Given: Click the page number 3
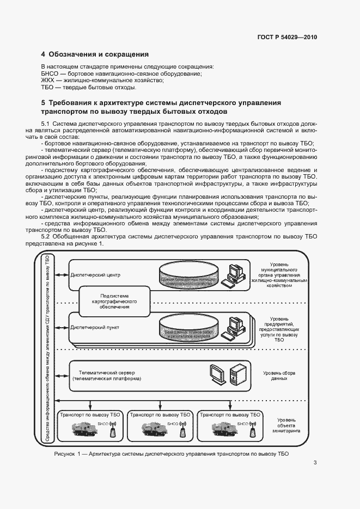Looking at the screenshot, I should [x=315, y=463].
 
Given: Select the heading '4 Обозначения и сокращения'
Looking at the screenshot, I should [x=95, y=54].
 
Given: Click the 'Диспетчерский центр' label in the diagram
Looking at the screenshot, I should [x=95, y=275].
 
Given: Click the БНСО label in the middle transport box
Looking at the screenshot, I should [x=173, y=423].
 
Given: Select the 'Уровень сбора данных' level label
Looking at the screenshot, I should [x=279, y=376].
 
